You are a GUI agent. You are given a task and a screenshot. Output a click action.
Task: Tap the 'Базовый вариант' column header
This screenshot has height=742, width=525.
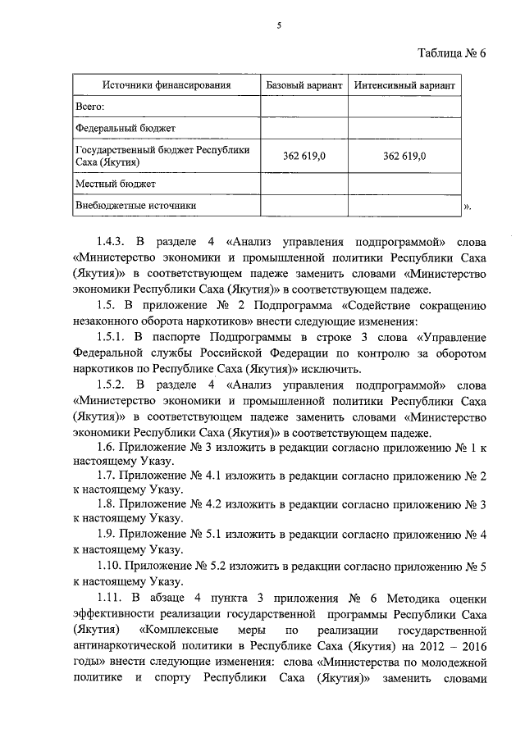(x=304, y=85)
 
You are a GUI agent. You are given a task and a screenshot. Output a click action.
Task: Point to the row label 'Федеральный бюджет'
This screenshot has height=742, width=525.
(x=125, y=129)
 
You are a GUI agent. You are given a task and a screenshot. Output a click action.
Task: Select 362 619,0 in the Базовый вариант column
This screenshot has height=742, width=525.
(x=304, y=157)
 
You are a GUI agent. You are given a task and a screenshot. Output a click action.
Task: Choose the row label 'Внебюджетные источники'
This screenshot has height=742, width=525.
(x=136, y=206)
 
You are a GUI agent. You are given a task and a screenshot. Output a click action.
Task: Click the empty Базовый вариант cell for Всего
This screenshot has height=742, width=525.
(x=304, y=107)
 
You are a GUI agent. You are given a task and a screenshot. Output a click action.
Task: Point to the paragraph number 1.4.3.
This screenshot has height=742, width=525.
(x=111, y=244)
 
